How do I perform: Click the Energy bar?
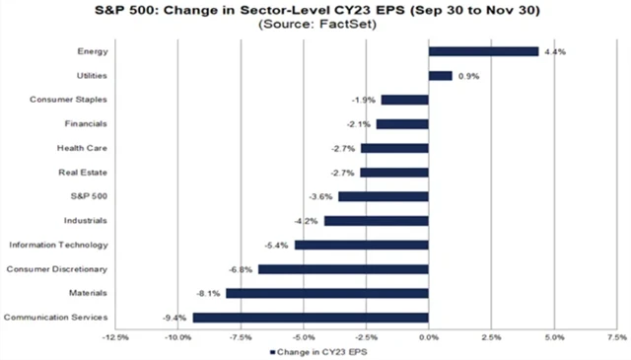tap(483, 51)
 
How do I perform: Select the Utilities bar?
tap(440, 75)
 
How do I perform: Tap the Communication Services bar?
tap(311, 318)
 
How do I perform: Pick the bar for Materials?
tap(327, 293)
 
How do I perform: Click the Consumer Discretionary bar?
tap(343, 268)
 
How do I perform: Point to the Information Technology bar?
tap(361, 245)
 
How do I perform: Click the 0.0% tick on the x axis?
tap(428, 336)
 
